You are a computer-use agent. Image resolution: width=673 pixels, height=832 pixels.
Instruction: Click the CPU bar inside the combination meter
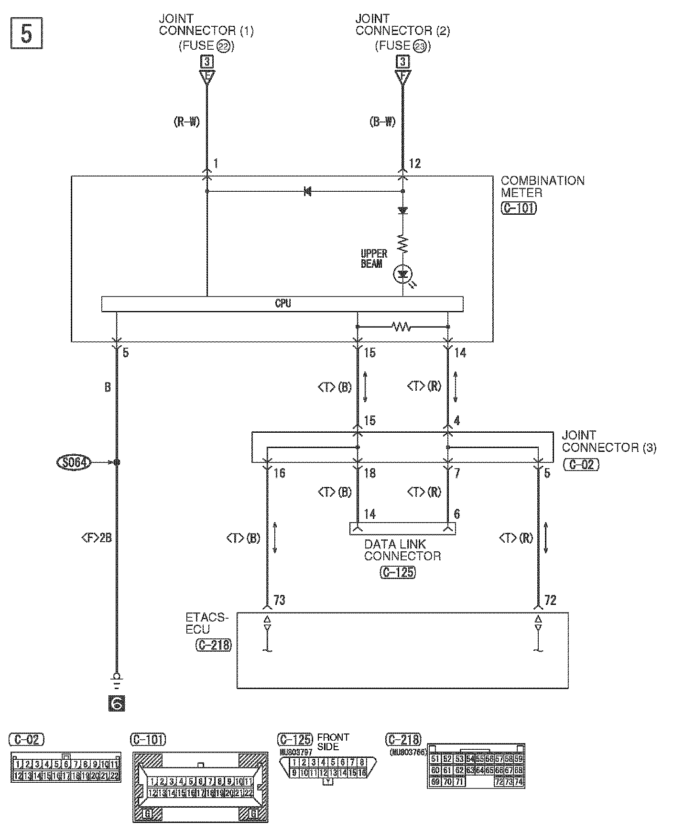282,304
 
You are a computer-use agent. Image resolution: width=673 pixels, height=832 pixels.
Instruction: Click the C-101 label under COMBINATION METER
519,208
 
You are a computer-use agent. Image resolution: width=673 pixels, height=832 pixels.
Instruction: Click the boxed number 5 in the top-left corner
27,33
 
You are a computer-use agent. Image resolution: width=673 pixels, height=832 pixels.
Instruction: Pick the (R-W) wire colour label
186,122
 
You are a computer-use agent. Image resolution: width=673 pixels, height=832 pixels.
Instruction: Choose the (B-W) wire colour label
382,122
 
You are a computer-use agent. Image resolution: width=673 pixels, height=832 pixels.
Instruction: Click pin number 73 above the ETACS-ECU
279,600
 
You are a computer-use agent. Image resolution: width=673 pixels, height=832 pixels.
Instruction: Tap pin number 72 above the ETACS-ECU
550,600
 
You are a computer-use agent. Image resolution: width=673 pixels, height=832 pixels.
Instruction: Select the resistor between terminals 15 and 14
402,327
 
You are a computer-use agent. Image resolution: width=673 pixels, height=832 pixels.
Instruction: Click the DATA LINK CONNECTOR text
402,550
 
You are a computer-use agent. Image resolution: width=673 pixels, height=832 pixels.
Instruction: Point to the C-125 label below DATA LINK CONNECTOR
398,572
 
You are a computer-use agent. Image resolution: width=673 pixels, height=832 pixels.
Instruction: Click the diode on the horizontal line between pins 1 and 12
307,191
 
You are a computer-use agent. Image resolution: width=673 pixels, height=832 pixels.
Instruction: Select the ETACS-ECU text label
206,624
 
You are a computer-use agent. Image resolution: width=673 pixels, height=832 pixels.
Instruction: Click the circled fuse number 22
223,46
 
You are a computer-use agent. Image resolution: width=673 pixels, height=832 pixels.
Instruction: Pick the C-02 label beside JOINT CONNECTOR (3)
581,464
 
